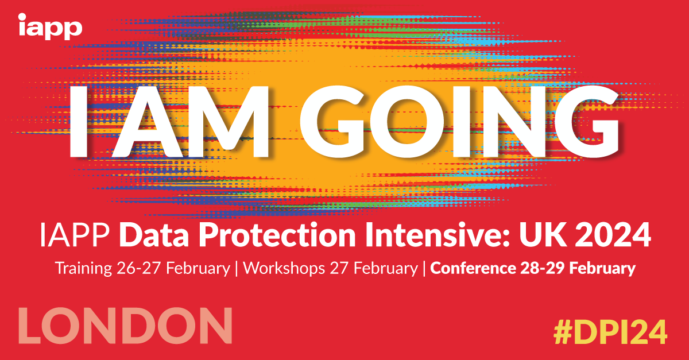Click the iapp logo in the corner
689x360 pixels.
(x=50, y=26)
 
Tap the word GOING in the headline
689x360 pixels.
(x=459, y=121)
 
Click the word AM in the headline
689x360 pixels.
(x=191, y=122)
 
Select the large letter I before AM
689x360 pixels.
(x=79, y=122)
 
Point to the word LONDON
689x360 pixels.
(x=125, y=326)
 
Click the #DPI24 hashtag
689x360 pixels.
(x=610, y=332)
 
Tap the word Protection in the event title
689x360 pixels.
(x=277, y=235)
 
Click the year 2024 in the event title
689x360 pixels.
(x=613, y=235)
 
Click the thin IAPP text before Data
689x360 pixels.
(x=75, y=235)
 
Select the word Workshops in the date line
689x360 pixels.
(x=284, y=268)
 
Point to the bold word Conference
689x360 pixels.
(x=473, y=268)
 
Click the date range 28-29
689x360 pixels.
(x=542, y=268)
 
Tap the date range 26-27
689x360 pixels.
(x=139, y=268)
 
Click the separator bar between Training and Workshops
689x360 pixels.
(x=237, y=269)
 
